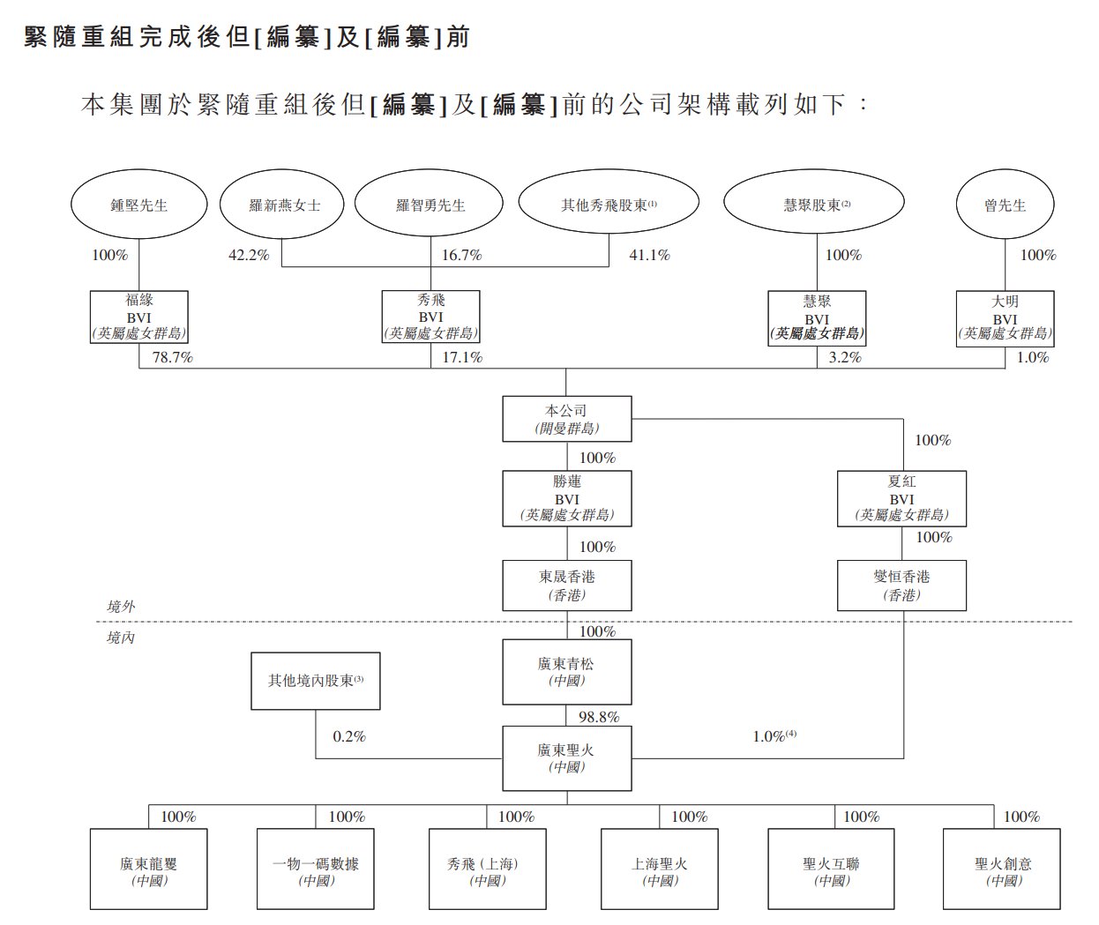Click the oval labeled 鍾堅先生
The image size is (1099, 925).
139,205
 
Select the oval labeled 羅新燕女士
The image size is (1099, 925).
284,205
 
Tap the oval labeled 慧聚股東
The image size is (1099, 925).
814,205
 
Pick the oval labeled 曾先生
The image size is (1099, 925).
1005,205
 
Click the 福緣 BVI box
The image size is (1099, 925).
139,317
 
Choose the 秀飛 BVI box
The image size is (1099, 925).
430,317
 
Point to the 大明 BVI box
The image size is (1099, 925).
1005,317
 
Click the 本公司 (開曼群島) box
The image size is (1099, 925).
566,419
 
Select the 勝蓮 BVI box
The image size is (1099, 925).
566,498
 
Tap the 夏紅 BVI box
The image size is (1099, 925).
901,498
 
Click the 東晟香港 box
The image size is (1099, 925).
566,585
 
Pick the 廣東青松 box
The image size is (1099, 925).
566,672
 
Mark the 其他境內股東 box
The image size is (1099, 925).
316,681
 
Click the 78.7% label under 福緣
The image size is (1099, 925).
173,358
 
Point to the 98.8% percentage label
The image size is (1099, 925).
599,717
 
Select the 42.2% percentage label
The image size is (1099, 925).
249,255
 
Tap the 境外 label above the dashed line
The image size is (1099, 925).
121,607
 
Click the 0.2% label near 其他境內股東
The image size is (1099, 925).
349,735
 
